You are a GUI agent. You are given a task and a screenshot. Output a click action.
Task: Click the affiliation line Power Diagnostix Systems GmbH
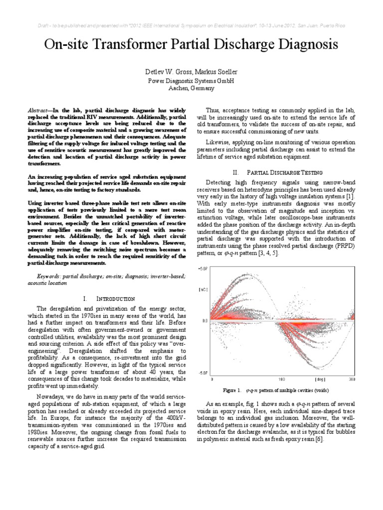191,81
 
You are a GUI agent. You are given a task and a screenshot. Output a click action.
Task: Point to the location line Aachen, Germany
191,88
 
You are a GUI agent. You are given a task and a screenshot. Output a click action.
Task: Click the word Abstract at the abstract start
50,109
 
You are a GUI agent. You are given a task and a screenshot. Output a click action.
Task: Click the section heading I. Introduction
109,299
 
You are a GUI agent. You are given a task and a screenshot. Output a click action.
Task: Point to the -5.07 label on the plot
203,372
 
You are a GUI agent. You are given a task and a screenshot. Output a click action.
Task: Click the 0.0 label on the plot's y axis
204,321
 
